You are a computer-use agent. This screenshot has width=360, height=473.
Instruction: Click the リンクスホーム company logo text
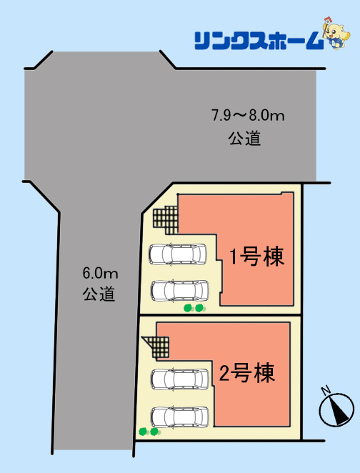(259, 41)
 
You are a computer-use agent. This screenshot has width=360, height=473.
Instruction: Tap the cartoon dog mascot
(336, 33)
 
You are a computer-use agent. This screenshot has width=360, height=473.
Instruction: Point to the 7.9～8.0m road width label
(248, 116)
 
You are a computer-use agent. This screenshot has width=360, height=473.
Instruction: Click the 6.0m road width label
(100, 274)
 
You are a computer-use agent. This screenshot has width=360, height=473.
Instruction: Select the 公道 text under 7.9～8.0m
(244, 139)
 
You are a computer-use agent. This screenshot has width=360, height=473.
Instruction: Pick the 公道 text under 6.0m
(99, 294)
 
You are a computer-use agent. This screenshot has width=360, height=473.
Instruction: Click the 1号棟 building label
(257, 257)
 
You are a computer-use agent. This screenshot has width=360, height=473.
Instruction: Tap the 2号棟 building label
(247, 373)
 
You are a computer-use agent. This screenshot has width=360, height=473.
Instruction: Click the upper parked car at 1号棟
(178, 254)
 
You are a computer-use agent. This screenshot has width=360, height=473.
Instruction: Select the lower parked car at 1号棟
(180, 290)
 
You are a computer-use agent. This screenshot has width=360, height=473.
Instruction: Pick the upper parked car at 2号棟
(180, 379)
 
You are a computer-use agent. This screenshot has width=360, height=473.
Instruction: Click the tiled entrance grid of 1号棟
(166, 220)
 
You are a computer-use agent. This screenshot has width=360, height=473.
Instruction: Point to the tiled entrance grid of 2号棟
(157, 347)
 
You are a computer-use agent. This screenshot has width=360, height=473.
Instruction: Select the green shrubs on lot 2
(149, 432)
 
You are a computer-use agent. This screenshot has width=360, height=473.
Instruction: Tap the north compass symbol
(336, 409)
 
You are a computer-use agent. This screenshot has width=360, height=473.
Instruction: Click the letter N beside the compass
(325, 391)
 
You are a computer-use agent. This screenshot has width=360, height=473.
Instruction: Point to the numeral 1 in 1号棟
(234, 257)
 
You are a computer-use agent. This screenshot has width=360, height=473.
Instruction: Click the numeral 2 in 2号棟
(224, 373)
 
